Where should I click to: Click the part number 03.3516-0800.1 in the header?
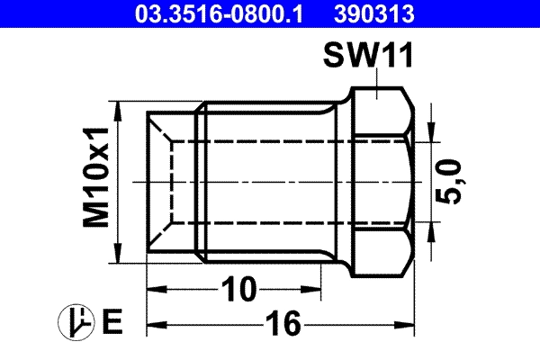pyautogui.click(x=219, y=14)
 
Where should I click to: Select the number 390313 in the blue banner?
pyautogui.click(x=374, y=14)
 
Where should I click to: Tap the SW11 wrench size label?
pyautogui.click(x=368, y=56)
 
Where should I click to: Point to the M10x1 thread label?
pyautogui.click(x=95, y=177)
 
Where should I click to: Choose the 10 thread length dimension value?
pyautogui.click(x=238, y=290)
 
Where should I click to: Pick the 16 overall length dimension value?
pyautogui.click(x=283, y=323)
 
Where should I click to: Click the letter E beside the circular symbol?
pyautogui.click(x=112, y=322)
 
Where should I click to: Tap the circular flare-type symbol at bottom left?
pyautogui.click(x=76, y=322)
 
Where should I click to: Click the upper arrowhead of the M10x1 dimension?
pyautogui.click(x=118, y=111)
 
